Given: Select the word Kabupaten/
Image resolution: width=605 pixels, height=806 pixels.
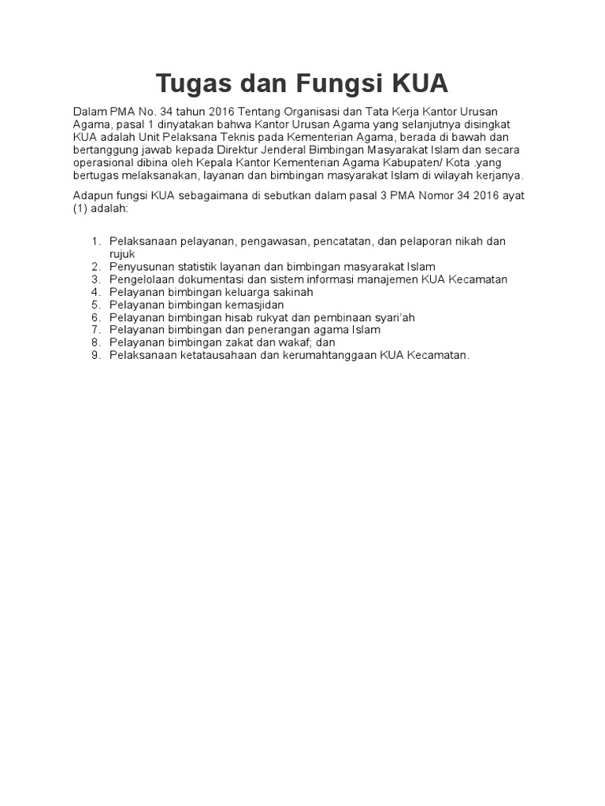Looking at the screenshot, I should [433, 162].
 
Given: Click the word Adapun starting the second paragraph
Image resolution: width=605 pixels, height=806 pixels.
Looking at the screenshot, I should [94, 194].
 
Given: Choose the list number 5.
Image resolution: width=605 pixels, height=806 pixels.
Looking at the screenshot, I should [96, 305].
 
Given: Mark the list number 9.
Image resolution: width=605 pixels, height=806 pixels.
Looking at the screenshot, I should [96, 355].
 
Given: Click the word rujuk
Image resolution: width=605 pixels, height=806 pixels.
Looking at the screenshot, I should [123, 254].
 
